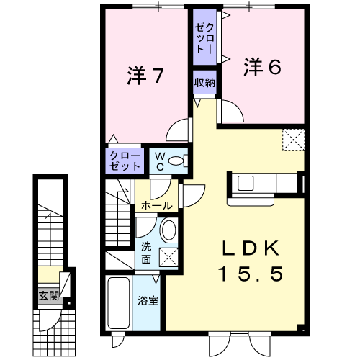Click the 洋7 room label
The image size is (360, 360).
click(145, 75)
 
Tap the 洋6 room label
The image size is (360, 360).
click(262, 67)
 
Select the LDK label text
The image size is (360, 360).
click(251, 248)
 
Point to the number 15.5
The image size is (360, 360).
click(251, 274)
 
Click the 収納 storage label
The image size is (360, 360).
click(204, 83)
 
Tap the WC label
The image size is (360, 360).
click(160, 161)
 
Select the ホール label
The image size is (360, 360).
click(157, 206)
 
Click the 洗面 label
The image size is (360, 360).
click(146, 253)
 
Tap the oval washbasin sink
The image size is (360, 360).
click(168, 230)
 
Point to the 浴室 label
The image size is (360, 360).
click(148, 300)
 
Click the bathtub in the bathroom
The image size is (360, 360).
click(119, 304)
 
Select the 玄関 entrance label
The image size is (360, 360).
click(49, 296)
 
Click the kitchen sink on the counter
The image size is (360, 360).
click(246, 184)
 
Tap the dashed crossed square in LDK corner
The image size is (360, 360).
click(293, 140)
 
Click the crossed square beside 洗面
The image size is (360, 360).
click(168, 257)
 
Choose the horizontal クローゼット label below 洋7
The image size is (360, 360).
click(125, 161)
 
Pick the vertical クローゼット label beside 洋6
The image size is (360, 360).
click(204, 38)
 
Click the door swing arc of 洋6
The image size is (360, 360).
click(237, 108)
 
